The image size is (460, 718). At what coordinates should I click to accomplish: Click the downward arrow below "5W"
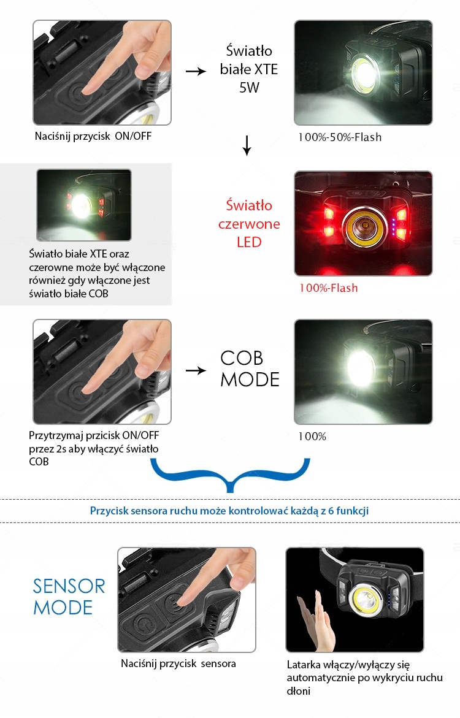[247, 145]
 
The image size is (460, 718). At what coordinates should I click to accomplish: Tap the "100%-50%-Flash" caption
[340, 137]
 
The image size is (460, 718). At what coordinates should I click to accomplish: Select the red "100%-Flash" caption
[328, 288]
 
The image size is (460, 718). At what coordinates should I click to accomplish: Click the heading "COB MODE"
[250, 369]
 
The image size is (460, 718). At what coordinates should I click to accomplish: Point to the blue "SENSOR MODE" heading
[69, 597]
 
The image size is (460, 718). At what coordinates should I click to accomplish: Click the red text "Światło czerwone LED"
[249, 224]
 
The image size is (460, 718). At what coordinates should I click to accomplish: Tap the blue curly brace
[229, 475]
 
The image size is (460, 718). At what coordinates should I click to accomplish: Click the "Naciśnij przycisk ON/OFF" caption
[93, 136]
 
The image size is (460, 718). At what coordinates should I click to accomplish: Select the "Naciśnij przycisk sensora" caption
[178, 663]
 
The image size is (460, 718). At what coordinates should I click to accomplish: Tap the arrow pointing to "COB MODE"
[196, 371]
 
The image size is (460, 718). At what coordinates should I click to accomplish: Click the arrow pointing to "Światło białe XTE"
[196, 71]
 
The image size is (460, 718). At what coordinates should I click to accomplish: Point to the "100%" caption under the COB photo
[312, 437]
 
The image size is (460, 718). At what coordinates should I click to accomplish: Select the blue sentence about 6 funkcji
[229, 510]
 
